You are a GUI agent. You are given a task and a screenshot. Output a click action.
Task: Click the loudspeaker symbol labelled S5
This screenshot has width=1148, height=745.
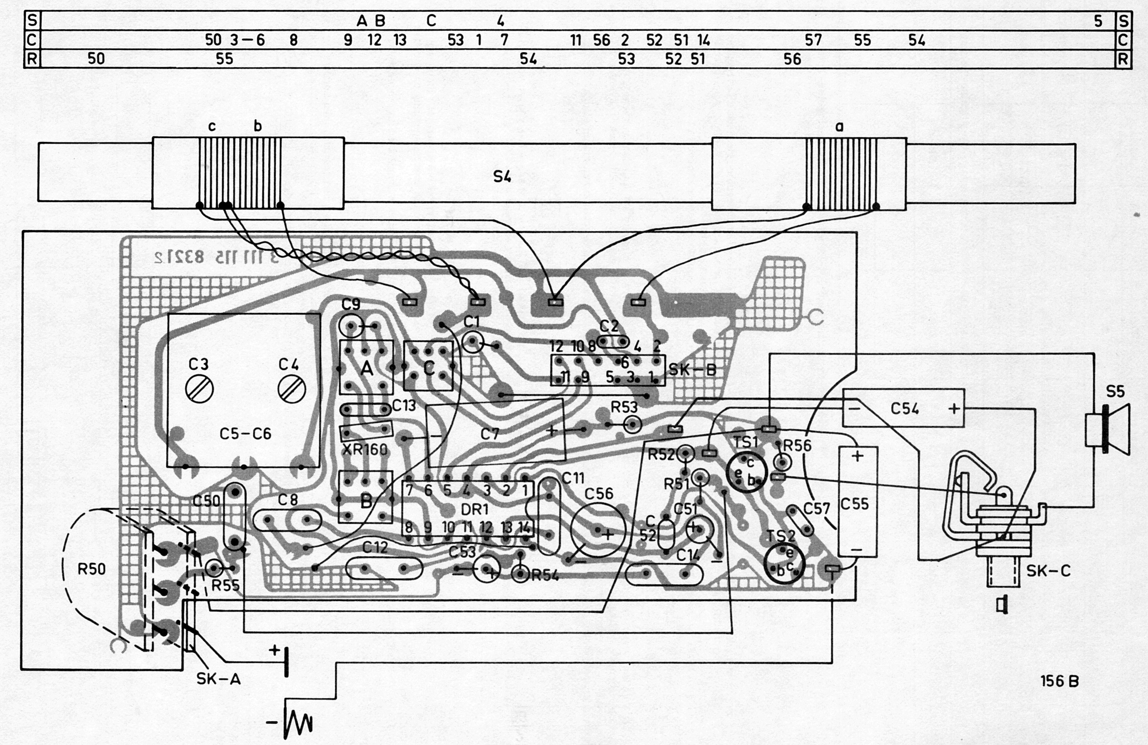tap(1107, 429)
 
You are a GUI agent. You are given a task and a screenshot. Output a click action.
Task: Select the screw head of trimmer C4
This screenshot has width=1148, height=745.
tap(292, 389)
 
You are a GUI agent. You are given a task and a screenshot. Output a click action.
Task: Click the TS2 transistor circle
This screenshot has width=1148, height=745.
tap(784, 563)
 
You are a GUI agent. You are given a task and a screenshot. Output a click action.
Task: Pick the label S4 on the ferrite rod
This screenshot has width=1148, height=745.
tap(502, 177)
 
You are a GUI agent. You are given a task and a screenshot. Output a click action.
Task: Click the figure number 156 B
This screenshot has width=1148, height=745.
tap(1059, 681)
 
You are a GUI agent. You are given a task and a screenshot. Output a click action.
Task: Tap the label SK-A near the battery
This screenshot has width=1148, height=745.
tap(219, 679)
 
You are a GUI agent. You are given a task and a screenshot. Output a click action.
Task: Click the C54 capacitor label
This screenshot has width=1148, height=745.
tap(904, 409)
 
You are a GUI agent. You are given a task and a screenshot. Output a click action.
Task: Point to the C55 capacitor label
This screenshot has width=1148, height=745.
tap(854, 504)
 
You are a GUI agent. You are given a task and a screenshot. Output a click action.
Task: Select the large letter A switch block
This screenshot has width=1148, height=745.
tap(367, 369)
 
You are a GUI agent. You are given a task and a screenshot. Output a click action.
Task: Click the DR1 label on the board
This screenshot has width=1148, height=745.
tap(475, 510)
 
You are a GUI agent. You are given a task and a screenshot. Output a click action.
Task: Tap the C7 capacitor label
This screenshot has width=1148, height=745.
tap(489, 434)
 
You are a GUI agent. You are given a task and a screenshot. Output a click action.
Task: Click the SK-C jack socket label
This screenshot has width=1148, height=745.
tap(1048, 571)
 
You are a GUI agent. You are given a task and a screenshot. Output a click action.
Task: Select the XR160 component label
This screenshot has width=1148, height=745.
tap(364, 450)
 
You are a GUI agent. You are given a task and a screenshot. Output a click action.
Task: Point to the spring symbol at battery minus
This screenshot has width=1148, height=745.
tap(299, 722)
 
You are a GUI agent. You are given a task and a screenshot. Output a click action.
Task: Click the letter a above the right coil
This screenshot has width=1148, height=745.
tap(839, 127)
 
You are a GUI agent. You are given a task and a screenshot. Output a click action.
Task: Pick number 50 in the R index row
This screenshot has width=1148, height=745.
tap(96, 59)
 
